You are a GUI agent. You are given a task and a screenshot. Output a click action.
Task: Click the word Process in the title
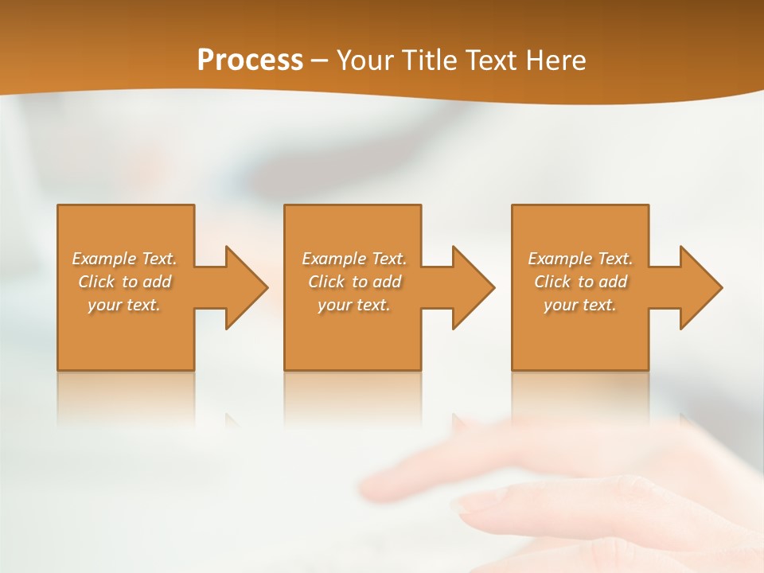[250, 60]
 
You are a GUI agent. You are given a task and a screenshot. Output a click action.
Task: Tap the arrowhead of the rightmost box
[700, 287]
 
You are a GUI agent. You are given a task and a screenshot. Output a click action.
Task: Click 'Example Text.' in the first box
[125, 259]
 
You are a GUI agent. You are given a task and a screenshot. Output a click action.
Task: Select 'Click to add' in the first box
[125, 282]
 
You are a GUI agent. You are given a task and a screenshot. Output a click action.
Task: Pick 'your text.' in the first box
[125, 305]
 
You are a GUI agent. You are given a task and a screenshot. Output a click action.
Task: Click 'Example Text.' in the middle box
[354, 259]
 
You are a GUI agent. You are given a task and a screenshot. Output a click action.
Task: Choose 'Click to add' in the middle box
[354, 282]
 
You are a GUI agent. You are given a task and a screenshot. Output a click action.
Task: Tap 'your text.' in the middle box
[354, 305]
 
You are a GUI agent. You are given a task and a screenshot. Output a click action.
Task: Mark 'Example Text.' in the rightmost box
[580, 259]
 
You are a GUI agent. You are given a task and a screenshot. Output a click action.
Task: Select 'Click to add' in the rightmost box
[580, 282]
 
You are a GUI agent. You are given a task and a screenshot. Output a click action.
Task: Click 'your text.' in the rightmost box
[580, 305]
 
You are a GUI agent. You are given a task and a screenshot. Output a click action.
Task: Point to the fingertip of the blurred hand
[466, 503]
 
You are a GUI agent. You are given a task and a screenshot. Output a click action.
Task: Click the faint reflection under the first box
[126, 398]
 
